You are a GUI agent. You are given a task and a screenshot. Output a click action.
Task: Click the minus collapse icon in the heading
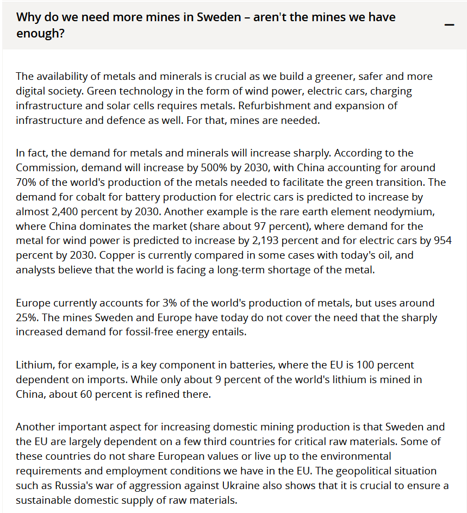point(449,25)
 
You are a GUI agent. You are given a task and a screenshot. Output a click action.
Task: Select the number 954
point(443,241)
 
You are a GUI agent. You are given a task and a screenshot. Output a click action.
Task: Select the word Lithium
point(35,365)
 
